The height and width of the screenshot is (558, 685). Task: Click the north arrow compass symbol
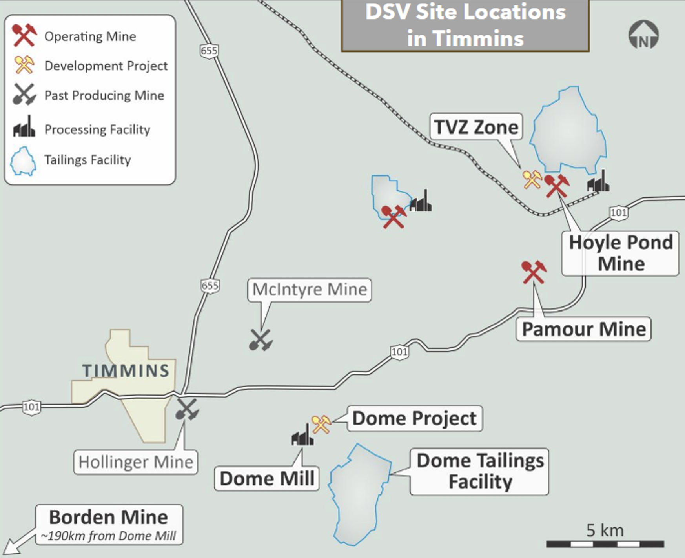(x=643, y=35)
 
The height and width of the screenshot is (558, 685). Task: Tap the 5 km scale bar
(x=605, y=544)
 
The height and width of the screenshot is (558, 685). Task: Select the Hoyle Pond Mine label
(x=620, y=253)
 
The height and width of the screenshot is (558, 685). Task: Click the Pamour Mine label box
(x=583, y=329)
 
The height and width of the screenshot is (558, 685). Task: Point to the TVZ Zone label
(x=476, y=127)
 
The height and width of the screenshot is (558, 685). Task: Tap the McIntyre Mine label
(x=310, y=290)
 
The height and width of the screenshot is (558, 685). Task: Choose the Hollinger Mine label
(x=136, y=462)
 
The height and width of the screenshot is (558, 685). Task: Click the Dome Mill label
(x=267, y=479)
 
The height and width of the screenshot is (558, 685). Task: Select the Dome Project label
(x=415, y=418)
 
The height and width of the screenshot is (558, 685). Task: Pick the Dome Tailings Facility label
(x=479, y=471)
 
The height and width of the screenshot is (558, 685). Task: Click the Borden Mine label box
(x=109, y=525)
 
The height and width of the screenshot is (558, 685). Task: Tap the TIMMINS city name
(x=126, y=371)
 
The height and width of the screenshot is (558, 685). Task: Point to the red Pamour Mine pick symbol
(x=534, y=272)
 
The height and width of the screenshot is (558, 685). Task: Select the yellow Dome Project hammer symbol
(x=321, y=424)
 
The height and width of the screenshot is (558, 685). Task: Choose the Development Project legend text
(x=106, y=66)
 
